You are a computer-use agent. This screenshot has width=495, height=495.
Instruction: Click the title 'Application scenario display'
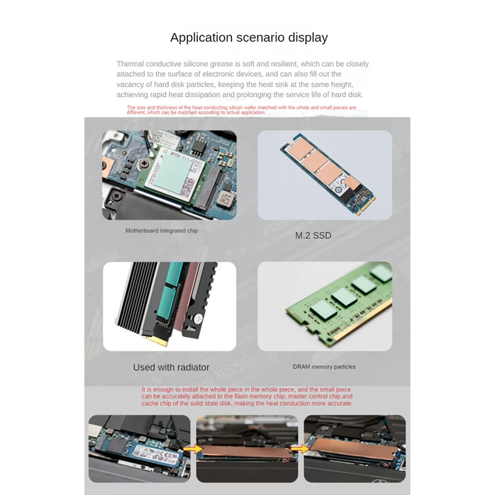[x=249, y=38]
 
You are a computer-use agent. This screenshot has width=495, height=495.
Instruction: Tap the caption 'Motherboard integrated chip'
[x=161, y=231]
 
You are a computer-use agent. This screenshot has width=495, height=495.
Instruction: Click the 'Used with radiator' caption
[x=171, y=367]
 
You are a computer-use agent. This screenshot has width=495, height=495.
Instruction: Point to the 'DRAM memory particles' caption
[x=324, y=366]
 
